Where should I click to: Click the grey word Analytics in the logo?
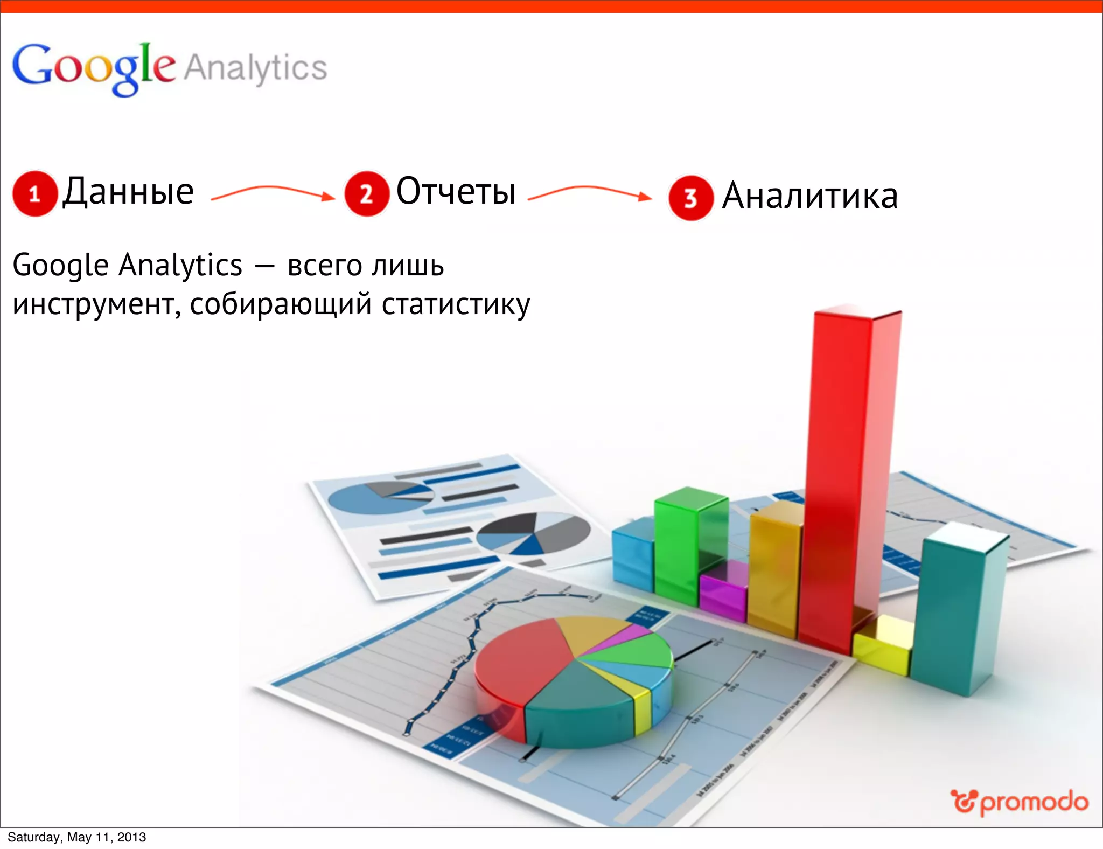pyautogui.click(x=256, y=68)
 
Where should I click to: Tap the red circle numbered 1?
pyautogui.click(x=35, y=194)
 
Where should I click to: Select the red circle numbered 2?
pyautogui.click(x=366, y=194)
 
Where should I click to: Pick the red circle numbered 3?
pyautogui.click(x=691, y=198)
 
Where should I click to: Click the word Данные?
pyautogui.click(x=128, y=191)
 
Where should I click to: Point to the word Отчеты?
pyautogui.click(x=456, y=191)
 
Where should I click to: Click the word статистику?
pyautogui.click(x=456, y=305)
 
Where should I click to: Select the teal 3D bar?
pyautogui.click(x=953, y=609)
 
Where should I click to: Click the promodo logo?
pyautogui.click(x=1020, y=802)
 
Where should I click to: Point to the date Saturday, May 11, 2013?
pyautogui.click(x=76, y=837)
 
